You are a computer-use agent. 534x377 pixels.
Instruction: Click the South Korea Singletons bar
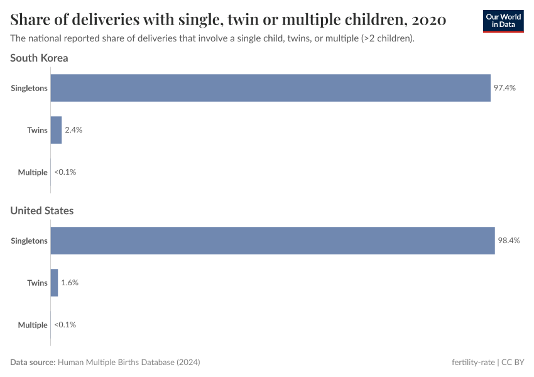coord(270,88)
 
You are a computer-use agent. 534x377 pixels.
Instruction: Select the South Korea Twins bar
coord(56,130)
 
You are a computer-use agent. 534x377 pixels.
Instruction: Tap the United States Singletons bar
coord(273,241)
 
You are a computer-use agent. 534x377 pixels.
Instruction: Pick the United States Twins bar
coord(54,283)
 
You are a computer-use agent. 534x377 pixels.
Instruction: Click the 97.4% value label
coord(504,88)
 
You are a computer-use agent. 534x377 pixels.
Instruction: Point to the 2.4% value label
coord(74,130)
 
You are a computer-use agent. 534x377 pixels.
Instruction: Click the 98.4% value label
coord(509,241)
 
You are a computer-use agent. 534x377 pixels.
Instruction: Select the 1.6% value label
coord(70,283)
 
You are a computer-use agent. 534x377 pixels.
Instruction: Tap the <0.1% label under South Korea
coord(65,172)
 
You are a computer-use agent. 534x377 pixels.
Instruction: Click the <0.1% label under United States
coord(65,325)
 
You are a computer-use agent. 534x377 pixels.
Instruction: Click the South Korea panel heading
coord(39,58)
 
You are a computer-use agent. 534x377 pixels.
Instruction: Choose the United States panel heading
coord(41,210)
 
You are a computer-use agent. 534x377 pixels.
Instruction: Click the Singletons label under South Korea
coord(29,88)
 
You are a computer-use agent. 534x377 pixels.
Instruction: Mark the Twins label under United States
coord(37,283)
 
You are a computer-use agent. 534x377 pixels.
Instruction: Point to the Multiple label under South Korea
coord(33,172)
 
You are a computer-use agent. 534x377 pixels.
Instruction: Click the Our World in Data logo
coord(503,20)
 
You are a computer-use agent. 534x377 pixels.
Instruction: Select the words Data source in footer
coord(33,363)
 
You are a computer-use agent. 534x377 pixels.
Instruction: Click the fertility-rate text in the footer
coord(473,363)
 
